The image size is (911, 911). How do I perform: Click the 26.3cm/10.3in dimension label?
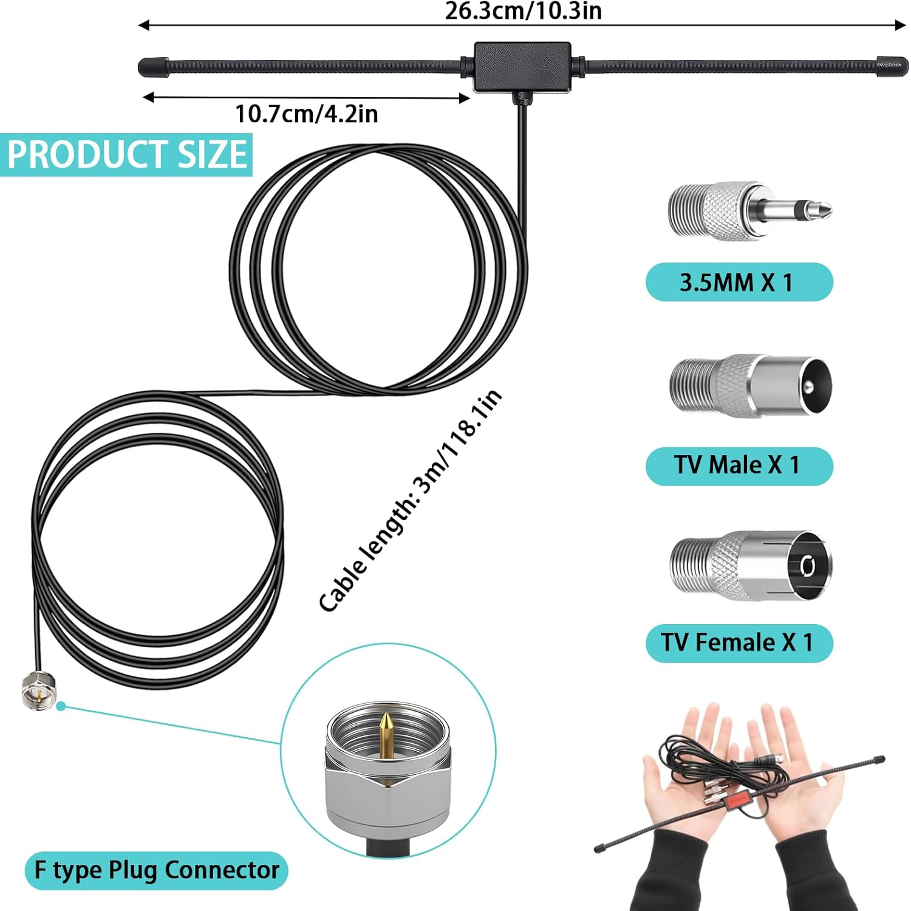click(523, 11)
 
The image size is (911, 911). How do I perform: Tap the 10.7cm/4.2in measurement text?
click(307, 114)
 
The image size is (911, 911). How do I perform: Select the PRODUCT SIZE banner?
click(126, 154)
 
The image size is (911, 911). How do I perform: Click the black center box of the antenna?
click(522, 67)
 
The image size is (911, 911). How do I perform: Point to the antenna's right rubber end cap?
click(892, 66)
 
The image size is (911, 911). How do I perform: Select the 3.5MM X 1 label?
click(739, 282)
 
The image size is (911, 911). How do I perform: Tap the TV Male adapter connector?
click(751, 387)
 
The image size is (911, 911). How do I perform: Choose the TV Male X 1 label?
click(739, 466)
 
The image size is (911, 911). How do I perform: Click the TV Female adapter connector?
click(751, 566)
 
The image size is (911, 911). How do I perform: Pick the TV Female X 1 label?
click(739, 642)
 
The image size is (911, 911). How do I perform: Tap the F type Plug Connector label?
click(157, 870)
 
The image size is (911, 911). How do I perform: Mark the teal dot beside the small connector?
click(61, 706)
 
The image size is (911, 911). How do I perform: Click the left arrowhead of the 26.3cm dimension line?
click(143, 25)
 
